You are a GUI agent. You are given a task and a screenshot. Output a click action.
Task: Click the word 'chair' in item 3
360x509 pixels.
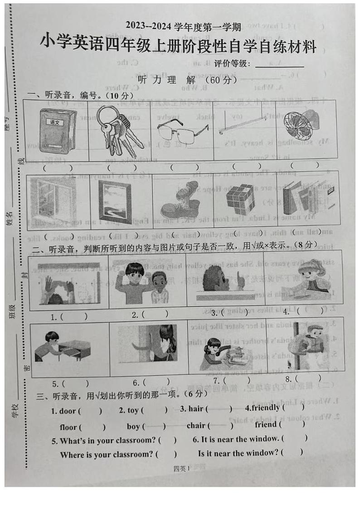(x=196, y=425)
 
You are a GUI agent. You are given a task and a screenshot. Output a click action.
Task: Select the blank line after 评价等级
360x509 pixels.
(x=279, y=66)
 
